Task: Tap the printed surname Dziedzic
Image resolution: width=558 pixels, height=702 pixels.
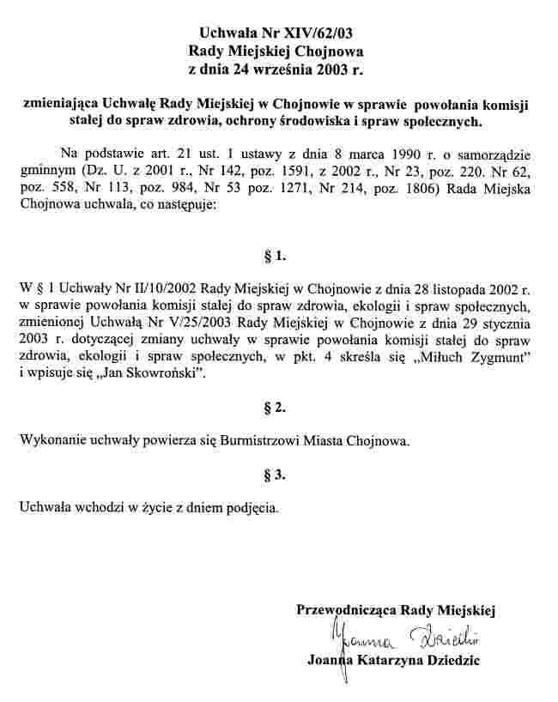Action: click(449, 661)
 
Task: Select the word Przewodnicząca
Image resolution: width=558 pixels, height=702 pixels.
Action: click(345, 610)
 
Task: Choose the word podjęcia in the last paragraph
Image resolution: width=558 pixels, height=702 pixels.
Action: click(249, 508)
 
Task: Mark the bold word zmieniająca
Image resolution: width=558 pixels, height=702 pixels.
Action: click(62, 105)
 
